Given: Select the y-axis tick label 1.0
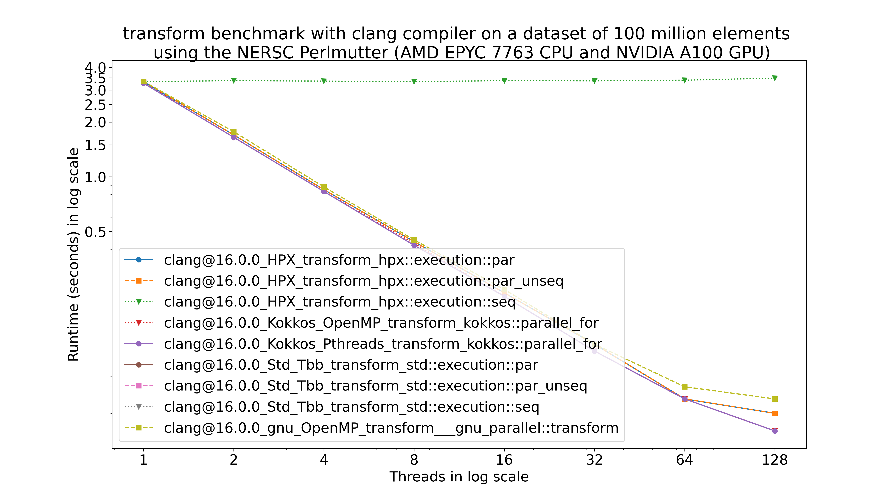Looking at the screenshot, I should point(95,177).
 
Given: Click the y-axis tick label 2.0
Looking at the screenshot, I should point(95,122).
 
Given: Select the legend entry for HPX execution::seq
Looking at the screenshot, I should point(340,302).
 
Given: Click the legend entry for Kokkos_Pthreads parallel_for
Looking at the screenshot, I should point(383,344).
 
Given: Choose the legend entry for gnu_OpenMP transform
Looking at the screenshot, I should point(391,428).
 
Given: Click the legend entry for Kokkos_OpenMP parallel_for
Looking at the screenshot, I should point(381,323).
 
